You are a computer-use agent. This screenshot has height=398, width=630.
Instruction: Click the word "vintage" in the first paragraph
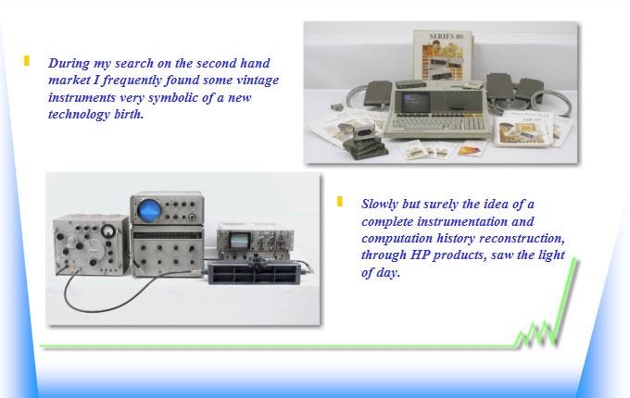pyautogui.click(x=258, y=81)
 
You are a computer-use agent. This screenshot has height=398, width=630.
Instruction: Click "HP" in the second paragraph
pyautogui.click(x=421, y=255)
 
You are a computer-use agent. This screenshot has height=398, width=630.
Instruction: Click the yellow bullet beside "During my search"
pyautogui.click(x=27, y=60)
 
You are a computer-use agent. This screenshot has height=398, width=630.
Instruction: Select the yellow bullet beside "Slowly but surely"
pyautogui.click(x=339, y=202)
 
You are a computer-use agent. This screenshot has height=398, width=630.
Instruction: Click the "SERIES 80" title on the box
pyautogui.click(x=446, y=36)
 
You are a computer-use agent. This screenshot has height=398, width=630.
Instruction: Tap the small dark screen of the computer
pyautogui.click(x=415, y=101)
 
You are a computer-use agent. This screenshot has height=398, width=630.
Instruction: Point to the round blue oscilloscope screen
pyautogui.click(x=149, y=211)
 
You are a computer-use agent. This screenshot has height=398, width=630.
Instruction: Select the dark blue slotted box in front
pyautogui.click(x=255, y=272)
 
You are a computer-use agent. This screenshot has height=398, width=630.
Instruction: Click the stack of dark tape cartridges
pyautogui.click(x=365, y=148)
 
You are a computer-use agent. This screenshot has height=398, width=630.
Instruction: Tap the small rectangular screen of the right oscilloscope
pyautogui.click(x=239, y=241)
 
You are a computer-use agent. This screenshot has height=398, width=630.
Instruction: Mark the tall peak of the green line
pyautogui.click(x=573, y=259)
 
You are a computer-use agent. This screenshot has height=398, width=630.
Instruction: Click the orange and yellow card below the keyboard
pyautogui.click(x=472, y=149)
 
